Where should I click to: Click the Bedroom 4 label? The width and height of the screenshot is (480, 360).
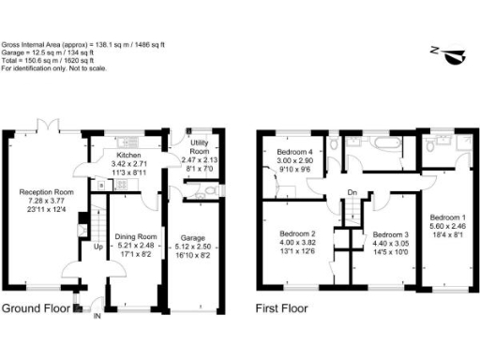pos(292,153)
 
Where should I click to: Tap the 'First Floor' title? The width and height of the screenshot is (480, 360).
pos(283,308)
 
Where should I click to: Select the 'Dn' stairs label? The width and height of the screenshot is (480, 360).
pos(352,194)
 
